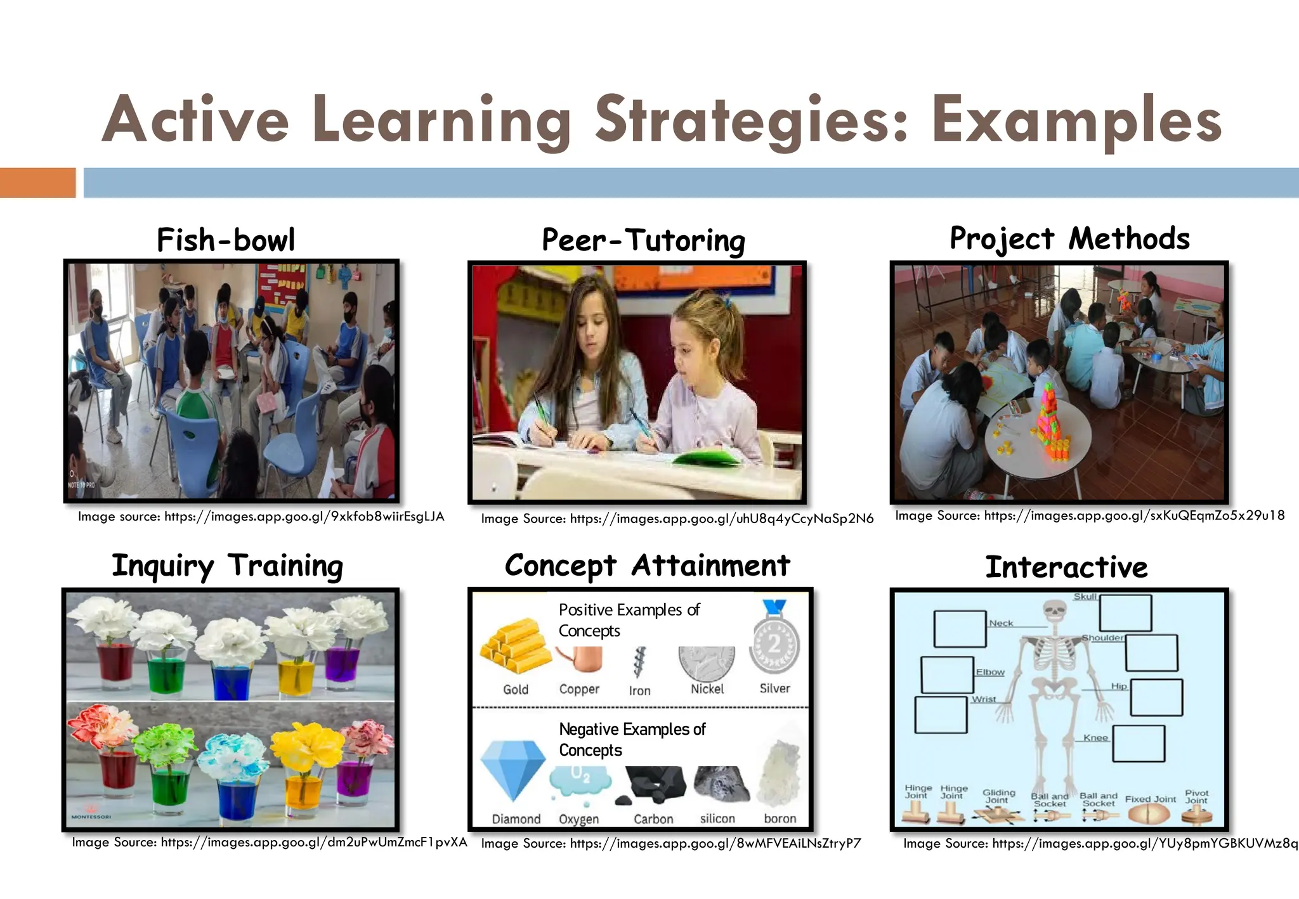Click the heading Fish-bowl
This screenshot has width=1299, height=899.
tap(226, 240)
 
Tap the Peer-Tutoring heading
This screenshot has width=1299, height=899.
tap(643, 241)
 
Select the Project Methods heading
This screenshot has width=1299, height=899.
tap(1069, 239)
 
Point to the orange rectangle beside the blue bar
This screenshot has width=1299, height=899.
tap(37, 183)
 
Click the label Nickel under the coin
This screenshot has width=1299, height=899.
tap(707, 689)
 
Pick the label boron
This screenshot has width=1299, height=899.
tap(780, 818)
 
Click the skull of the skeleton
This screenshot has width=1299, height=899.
tap(1054, 611)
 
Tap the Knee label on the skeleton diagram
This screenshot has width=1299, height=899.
tap(1095, 738)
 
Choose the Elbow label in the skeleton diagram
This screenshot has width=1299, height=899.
tap(990, 672)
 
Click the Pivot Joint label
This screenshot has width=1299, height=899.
tap(1196, 797)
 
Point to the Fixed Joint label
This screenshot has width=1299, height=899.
tap(1150, 799)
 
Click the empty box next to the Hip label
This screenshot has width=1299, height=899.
tap(1156, 697)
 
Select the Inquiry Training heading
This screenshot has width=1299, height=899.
tap(227, 566)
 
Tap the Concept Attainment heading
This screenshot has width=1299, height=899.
tap(647, 566)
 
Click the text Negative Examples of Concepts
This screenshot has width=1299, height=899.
tap(632, 739)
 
